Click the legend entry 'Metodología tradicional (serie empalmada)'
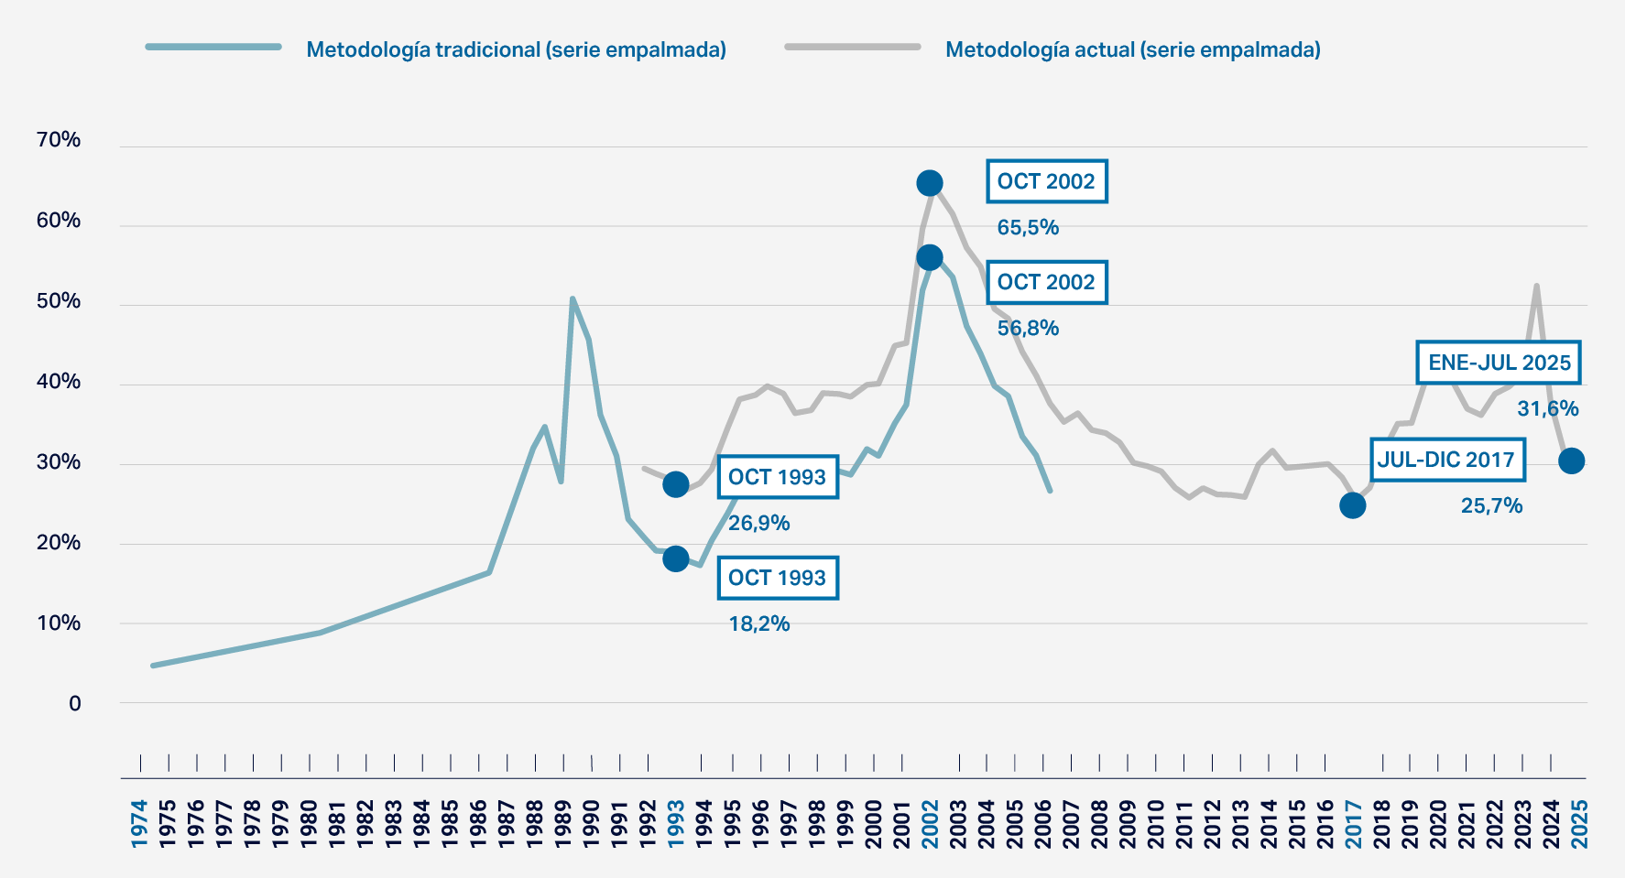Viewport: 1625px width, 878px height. pyautogui.click(x=516, y=49)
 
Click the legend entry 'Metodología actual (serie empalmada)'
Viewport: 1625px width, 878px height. pyautogui.click(x=1132, y=49)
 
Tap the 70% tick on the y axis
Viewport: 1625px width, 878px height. pyautogui.click(x=59, y=140)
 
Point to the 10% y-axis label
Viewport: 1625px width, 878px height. pyautogui.click(x=59, y=623)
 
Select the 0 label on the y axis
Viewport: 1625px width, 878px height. pyautogui.click(x=74, y=704)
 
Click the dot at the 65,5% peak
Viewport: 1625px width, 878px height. pyautogui.click(x=930, y=183)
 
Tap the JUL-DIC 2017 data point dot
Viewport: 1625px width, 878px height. pyautogui.click(x=1352, y=505)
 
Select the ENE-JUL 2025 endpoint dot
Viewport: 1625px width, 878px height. pyautogui.click(x=1571, y=461)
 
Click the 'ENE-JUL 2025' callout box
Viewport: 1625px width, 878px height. pyautogui.click(x=1499, y=363)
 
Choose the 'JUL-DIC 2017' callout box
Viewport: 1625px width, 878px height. pyautogui.click(x=1446, y=460)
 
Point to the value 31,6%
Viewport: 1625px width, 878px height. pyautogui.click(x=1547, y=408)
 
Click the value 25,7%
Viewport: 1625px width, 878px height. pyautogui.click(x=1491, y=505)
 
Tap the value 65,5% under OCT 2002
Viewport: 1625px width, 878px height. pyautogui.click(x=1028, y=227)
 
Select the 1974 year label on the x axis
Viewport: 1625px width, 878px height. pyautogui.click(x=139, y=823)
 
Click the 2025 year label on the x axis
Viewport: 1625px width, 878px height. pyautogui.click(x=1580, y=823)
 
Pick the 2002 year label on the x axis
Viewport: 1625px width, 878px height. pyautogui.click(x=930, y=823)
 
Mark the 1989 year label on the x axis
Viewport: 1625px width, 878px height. pyautogui.click(x=563, y=823)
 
